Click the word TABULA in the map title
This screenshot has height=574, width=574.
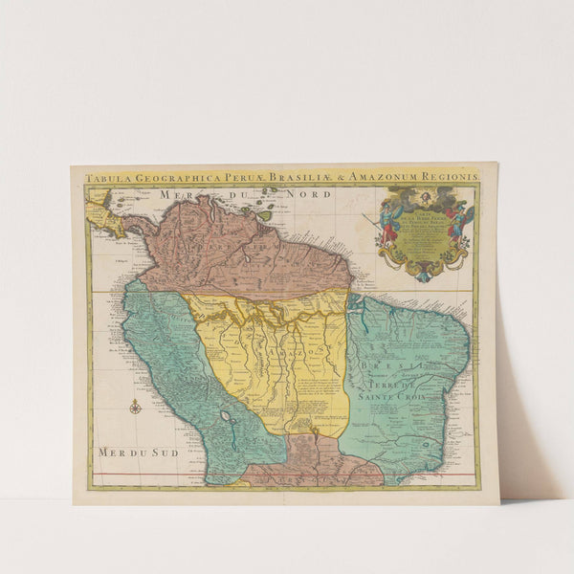(x=104, y=177)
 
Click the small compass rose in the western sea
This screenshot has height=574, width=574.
(x=135, y=408)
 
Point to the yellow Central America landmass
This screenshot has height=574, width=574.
(x=107, y=223)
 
